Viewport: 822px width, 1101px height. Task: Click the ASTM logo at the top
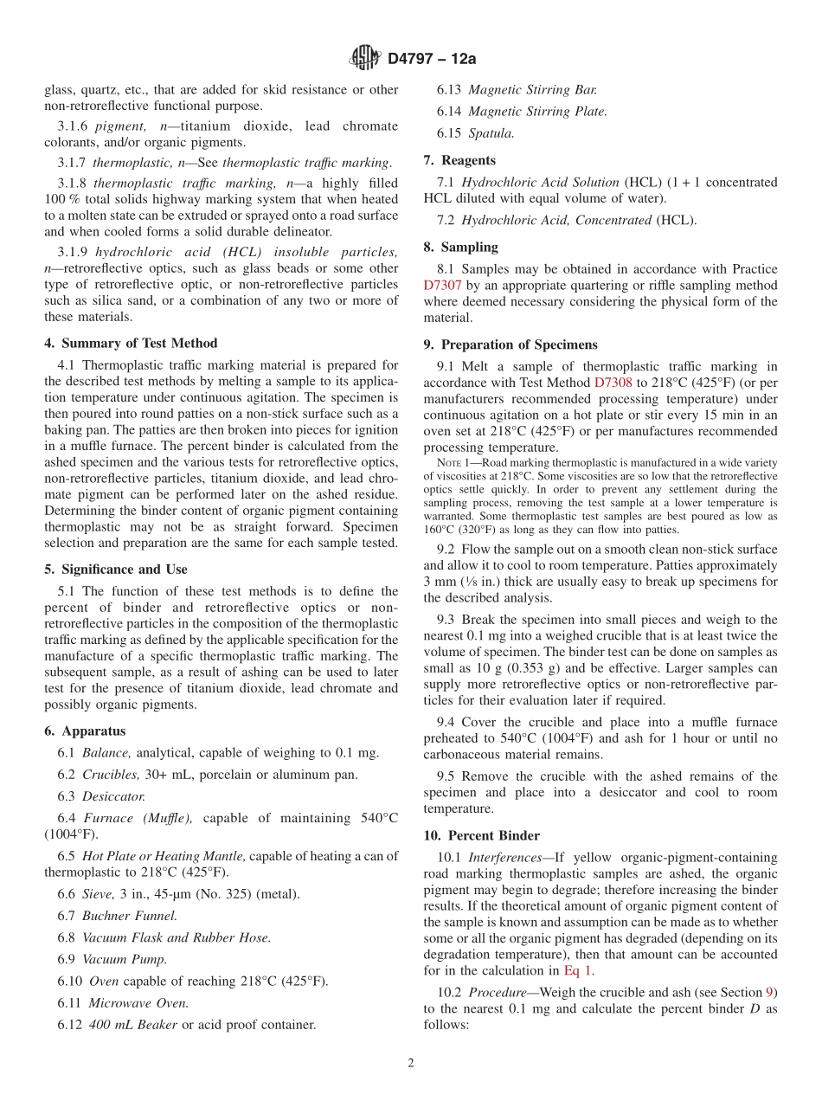tap(364, 58)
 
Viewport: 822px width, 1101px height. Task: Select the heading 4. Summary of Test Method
tap(131, 343)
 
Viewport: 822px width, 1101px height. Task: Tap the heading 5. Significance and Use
tap(116, 570)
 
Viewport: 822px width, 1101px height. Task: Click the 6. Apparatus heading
tap(85, 731)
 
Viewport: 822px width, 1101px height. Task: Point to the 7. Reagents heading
tap(459, 160)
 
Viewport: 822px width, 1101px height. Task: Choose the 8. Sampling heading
tap(460, 247)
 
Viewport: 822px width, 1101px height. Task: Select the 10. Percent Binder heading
tap(481, 835)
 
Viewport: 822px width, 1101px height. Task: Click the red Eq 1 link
tap(578, 970)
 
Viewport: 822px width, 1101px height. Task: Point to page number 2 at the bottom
tap(411, 1064)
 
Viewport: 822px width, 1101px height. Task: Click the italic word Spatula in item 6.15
tap(491, 133)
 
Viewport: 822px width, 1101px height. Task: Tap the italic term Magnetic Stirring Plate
tap(537, 112)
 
